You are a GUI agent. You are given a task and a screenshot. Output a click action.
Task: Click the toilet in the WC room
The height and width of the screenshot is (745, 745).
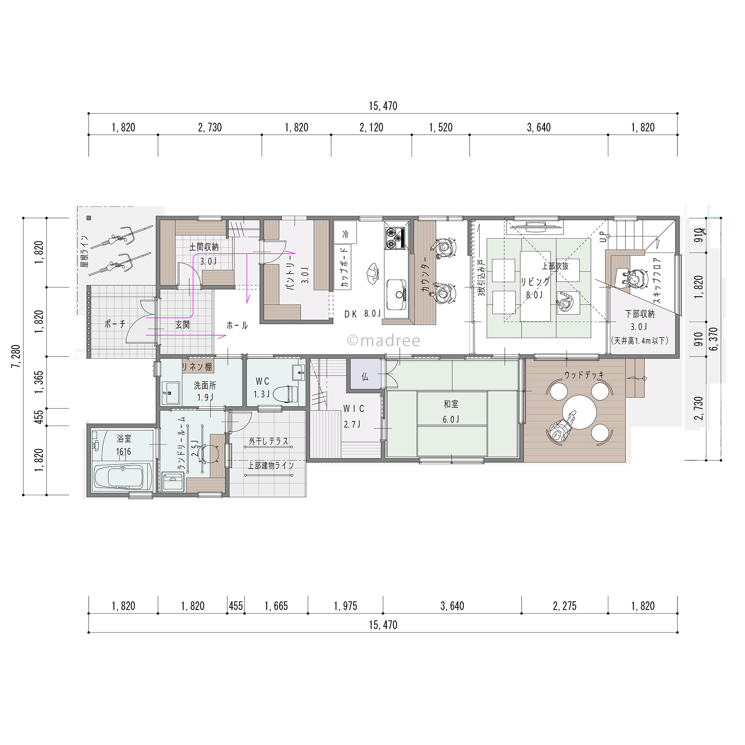(x=285, y=394)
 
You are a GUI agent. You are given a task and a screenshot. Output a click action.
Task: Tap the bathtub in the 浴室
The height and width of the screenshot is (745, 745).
(x=124, y=477)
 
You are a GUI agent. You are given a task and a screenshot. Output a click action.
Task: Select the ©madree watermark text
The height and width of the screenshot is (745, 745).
(x=383, y=340)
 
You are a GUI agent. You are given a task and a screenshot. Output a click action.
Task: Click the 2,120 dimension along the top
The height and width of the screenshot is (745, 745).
(x=371, y=128)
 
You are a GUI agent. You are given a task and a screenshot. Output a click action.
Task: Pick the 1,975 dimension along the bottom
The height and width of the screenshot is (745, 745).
(x=345, y=606)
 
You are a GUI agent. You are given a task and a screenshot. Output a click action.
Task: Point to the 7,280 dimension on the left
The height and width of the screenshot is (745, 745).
(x=16, y=356)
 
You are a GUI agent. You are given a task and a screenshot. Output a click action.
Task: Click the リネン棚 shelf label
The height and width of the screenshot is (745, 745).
(x=197, y=367)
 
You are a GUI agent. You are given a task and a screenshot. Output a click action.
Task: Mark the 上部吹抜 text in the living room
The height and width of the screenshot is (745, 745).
(x=555, y=266)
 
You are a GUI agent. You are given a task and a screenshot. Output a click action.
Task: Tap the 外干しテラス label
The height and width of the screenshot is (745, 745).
(x=269, y=441)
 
